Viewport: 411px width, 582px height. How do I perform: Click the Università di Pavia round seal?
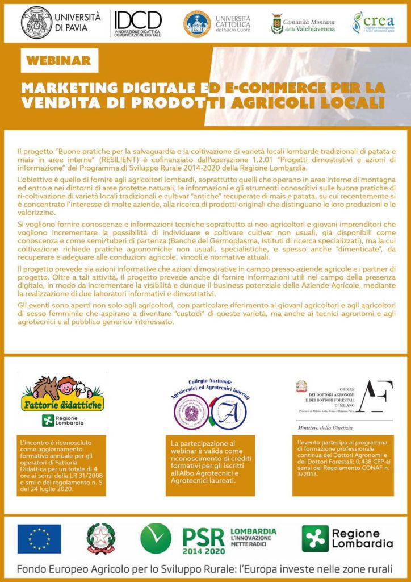[x=37, y=22]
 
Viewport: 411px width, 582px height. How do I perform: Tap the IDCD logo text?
[x=139, y=20]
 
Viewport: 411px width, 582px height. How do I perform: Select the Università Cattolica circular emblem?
[x=197, y=23]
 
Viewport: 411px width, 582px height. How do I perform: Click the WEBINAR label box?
[x=58, y=60]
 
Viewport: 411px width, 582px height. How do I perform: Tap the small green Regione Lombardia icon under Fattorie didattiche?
[x=48, y=421]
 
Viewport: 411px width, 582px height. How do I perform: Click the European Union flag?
[x=39, y=538]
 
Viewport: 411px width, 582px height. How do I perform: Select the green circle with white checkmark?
[x=156, y=538]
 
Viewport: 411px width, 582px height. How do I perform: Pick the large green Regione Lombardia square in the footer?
[x=315, y=538]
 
